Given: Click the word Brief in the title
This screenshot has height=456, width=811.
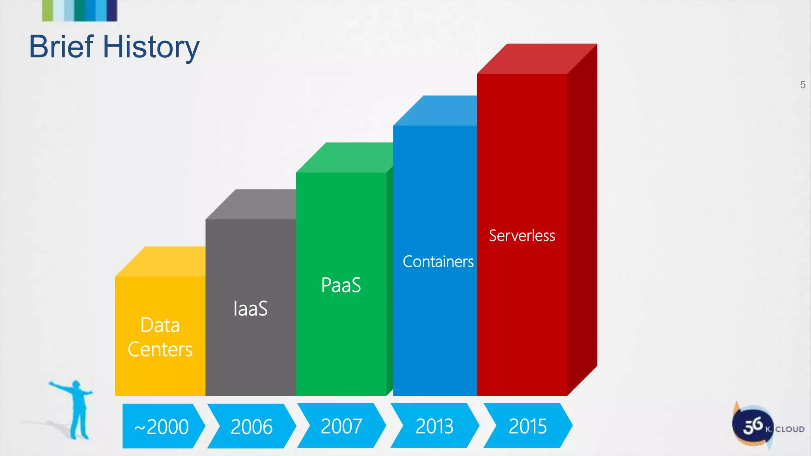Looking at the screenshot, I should pos(61,47).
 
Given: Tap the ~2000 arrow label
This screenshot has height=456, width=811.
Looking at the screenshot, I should pos(162,426).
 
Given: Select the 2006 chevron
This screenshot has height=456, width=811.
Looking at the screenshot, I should pos(251,426).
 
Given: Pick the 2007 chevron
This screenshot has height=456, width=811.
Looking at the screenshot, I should pos(341,426).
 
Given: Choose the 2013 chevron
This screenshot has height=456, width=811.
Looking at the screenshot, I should pos(434,426).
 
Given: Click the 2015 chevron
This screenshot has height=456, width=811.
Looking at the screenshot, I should pos(527,426).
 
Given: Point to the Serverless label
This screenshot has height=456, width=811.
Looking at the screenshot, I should pos(522,236).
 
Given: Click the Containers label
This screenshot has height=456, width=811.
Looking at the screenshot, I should pos(438,262).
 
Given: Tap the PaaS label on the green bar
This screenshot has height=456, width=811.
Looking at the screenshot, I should pos(341,285).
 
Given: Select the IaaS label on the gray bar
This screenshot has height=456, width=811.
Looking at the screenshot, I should pos(250,309).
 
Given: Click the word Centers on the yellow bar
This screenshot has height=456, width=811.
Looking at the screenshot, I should pos(160,350).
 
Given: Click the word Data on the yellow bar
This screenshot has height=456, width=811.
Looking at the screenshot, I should pos(160,325).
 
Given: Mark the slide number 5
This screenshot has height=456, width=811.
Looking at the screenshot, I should pos(802,85).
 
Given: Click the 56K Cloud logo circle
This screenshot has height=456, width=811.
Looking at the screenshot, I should pos(752,426).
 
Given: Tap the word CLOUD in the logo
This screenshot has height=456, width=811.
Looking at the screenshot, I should pos(790,429).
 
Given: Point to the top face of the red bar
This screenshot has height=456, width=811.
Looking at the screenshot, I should pos(537,59).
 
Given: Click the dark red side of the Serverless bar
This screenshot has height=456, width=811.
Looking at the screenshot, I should pos(582,218).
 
